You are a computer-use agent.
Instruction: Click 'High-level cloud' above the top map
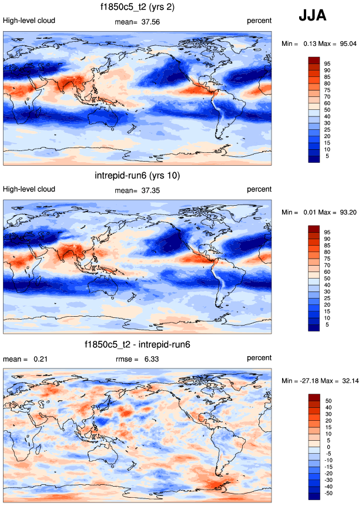[29, 21]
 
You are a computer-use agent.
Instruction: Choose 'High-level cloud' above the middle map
[29, 189]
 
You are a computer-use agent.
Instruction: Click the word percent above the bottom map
[259, 357]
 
